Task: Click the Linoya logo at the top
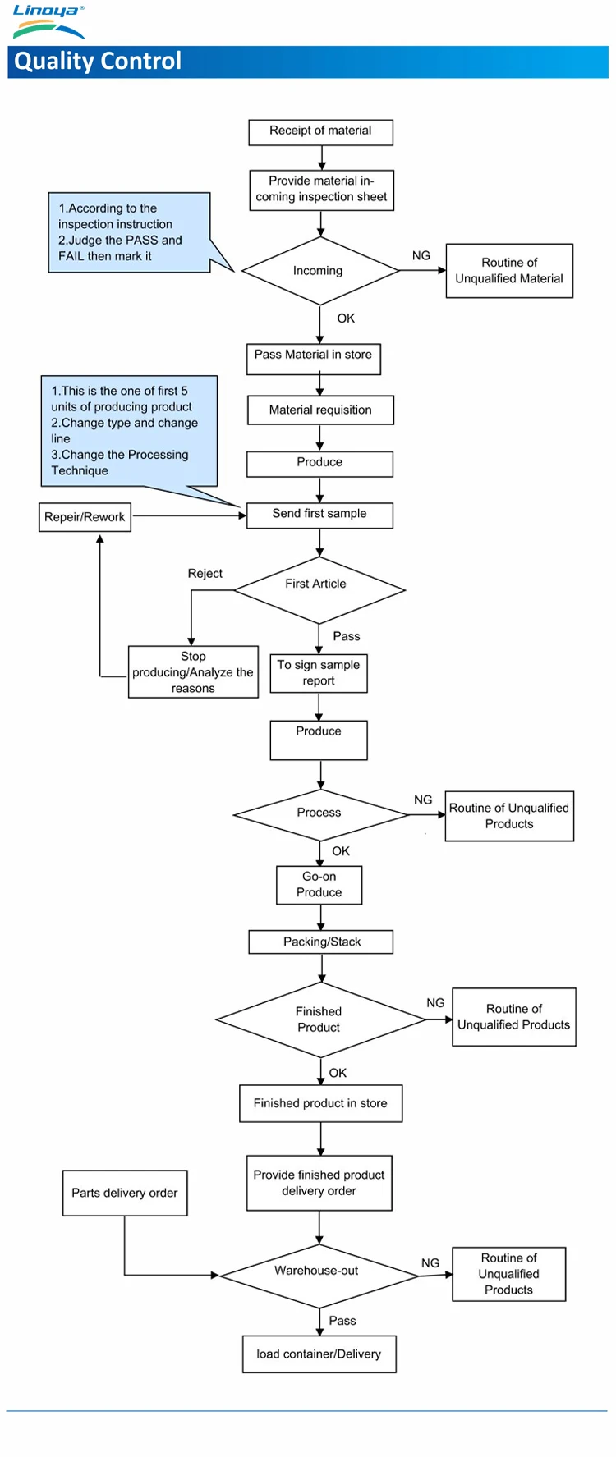(48, 21)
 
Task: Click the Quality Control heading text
(98, 62)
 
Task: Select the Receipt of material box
(320, 132)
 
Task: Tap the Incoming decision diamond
(320, 271)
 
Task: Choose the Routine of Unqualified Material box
(509, 271)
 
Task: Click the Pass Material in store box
(314, 359)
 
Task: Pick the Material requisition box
(320, 410)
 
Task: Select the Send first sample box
(319, 515)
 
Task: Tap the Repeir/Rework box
(85, 517)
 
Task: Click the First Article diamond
(319, 590)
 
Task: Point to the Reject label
(205, 574)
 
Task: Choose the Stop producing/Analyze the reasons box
(193, 672)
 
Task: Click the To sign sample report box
(319, 673)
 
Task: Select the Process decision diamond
(320, 815)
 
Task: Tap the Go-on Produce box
(319, 885)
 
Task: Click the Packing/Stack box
(321, 942)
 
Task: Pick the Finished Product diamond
(320, 1019)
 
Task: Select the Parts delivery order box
(125, 1193)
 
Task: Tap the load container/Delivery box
(319, 1354)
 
